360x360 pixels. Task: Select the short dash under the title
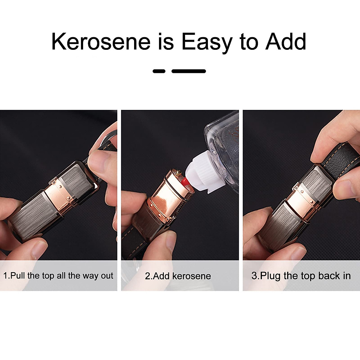(x=159, y=71)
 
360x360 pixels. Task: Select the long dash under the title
(x=189, y=71)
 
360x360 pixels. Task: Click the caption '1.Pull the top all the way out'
(x=58, y=276)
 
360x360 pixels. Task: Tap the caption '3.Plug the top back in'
(x=301, y=276)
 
